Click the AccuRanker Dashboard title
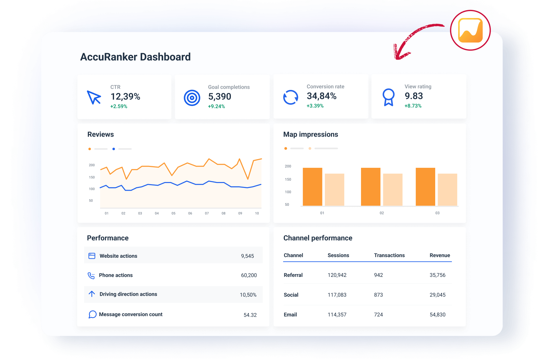coord(135,57)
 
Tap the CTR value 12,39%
coord(125,97)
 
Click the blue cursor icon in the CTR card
coord(94,97)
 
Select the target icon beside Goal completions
coord(192,98)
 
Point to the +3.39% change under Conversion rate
coord(315,106)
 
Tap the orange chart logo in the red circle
coord(470,30)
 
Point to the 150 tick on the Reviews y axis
coord(92,177)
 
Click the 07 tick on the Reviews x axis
coord(207,213)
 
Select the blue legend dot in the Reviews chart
coord(114,149)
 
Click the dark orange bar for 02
coord(371,187)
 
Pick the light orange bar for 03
coord(447,189)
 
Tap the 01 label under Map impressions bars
coord(322,213)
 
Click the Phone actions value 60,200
coord(249,275)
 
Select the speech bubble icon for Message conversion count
coord(92,315)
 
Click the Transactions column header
coord(389,255)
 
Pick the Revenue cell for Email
coord(437,315)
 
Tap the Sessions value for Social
coord(337,295)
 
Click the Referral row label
coord(293,275)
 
